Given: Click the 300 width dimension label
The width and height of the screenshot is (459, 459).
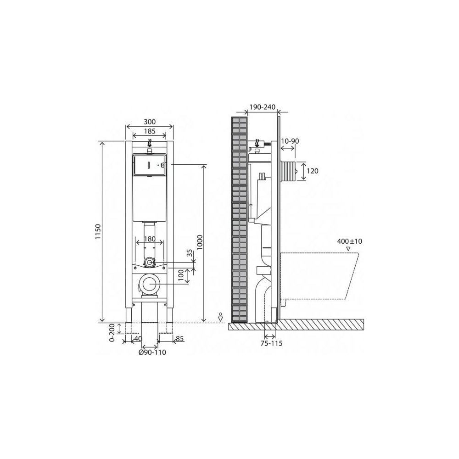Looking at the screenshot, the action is pos(150,122).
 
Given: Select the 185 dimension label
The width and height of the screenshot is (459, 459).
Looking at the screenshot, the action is pos(150,131).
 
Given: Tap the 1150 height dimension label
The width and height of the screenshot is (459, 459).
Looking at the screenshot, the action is pos(98,232).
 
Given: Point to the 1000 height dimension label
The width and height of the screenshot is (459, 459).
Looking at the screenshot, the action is pos(200,242).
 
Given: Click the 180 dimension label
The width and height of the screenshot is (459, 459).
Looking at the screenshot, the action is pos(150,239).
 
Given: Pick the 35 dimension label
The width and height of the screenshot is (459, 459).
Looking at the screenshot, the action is pos(190,253).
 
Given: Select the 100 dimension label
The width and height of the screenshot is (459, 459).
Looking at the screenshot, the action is pos(181,275).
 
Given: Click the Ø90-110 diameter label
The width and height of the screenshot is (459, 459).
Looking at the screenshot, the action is pos(152,353).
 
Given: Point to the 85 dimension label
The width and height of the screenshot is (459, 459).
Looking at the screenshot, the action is pos(179,339).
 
